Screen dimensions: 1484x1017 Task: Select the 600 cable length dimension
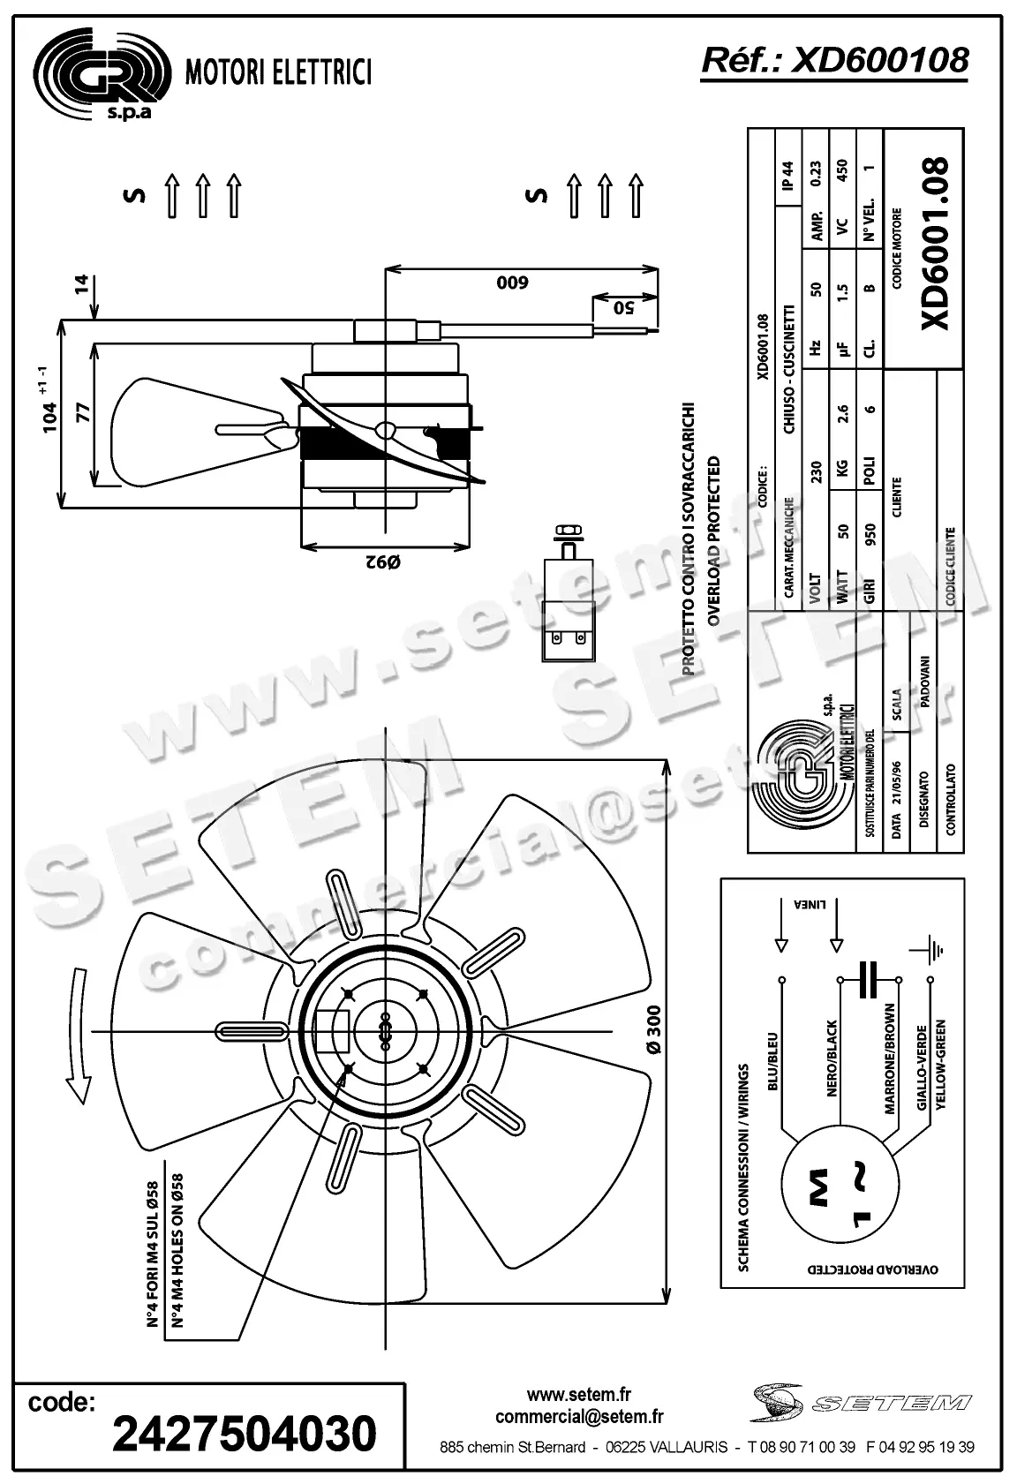click(x=512, y=282)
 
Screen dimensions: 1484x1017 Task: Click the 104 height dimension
click(x=50, y=415)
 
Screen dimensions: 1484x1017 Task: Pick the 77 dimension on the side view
click(x=83, y=415)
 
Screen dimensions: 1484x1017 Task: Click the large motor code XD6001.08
click(x=935, y=245)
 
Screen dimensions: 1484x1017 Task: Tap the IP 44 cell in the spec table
click(x=787, y=175)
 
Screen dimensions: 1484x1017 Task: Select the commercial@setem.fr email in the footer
click(x=579, y=1417)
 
